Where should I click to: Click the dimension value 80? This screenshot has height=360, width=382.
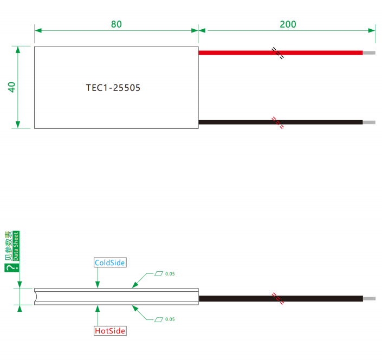(116, 24)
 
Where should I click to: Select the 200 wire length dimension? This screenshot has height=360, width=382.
(288, 24)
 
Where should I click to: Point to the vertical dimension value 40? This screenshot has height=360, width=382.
(11, 87)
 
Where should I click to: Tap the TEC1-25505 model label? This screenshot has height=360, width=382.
(113, 88)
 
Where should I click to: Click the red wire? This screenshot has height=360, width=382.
(281, 53)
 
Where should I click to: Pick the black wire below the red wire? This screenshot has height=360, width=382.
(281, 122)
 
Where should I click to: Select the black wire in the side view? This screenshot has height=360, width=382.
(281, 298)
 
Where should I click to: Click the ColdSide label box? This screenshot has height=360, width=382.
(110, 263)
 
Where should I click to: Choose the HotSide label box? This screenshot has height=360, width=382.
(110, 331)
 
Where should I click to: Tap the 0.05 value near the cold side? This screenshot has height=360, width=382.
(170, 274)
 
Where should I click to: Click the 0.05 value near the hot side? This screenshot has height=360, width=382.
(170, 319)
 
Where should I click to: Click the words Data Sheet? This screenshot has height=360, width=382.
(16, 246)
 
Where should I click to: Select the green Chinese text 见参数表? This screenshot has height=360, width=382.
(9, 246)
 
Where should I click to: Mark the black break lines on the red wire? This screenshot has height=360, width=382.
(278, 53)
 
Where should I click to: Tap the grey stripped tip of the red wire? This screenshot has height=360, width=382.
(369, 53)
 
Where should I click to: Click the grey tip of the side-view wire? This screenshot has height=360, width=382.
(369, 298)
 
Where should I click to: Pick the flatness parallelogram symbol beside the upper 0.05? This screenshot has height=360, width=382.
(159, 273)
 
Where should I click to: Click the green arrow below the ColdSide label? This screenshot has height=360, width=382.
(98, 278)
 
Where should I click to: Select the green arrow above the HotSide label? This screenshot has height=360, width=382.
(98, 316)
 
